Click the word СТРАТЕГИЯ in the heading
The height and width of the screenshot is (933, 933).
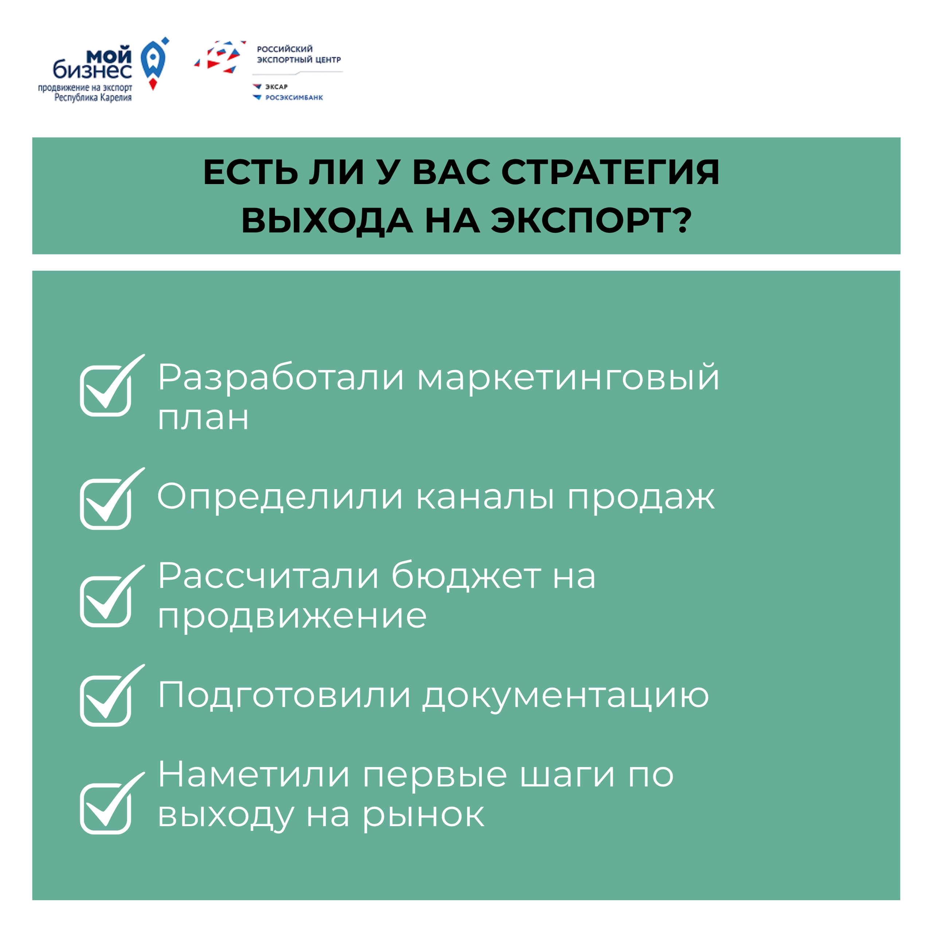pyautogui.click(x=610, y=172)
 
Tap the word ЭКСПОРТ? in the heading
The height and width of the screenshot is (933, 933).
pyautogui.click(x=592, y=221)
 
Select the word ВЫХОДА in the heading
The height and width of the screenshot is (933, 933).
pyautogui.click(x=327, y=221)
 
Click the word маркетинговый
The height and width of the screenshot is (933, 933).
pyautogui.click(x=569, y=378)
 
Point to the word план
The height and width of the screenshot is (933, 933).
pyautogui.click(x=203, y=418)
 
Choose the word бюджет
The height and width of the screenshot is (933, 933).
pyautogui.click(x=466, y=577)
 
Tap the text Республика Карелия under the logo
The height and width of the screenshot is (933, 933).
pyautogui.click(x=93, y=98)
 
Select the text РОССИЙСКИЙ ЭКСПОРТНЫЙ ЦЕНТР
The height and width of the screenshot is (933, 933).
pyautogui.click(x=299, y=54)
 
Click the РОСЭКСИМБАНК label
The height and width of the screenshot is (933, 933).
pyautogui.click(x=294, y=98)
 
